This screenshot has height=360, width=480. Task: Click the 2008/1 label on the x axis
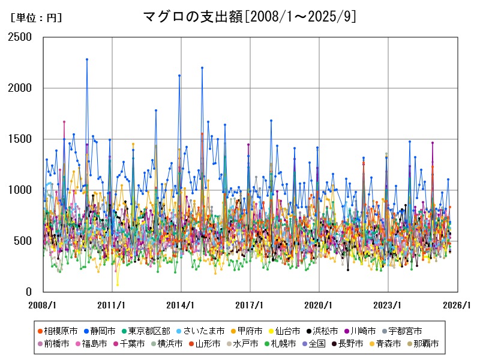point(43,305)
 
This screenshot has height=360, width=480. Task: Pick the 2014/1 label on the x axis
point(181,305)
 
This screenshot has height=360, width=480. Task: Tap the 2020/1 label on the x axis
point(319,305)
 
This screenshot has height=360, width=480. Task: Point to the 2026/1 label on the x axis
point(457,305)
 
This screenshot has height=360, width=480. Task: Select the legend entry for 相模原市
point(57,331)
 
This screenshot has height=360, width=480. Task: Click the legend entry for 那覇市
point(422,344)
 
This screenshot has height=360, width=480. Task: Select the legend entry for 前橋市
point(53,344)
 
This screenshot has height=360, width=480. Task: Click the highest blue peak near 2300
point(87,59)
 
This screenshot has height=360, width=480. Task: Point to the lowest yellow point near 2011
point(118,285)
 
